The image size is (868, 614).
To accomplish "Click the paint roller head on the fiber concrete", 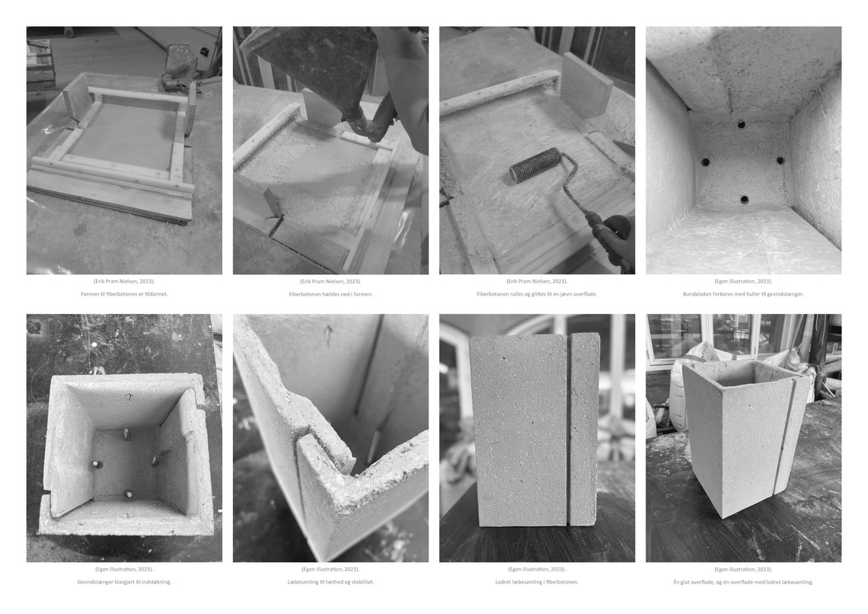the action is (x=535, y=165).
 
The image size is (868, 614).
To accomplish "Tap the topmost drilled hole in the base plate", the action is (x=742, y=125).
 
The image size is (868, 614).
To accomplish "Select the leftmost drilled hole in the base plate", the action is (x=705, y=162).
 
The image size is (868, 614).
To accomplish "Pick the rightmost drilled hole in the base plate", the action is (x=780, y=161).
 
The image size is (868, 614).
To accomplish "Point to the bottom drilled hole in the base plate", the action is (x=745, y=200).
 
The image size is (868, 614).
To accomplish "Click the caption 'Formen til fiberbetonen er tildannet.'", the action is (x=124, y=294).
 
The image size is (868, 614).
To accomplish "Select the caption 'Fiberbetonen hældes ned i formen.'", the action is (x=330, y=294).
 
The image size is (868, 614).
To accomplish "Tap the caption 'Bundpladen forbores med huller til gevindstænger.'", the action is (x=743, y=294).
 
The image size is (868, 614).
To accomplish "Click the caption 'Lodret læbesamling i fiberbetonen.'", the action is (x=537, y=582).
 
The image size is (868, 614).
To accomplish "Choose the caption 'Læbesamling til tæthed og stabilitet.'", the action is (x=330, y=582).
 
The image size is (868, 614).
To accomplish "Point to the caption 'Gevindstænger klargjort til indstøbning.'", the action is (x=124, y=582).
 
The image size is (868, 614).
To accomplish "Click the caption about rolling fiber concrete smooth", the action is (x=537, y=294).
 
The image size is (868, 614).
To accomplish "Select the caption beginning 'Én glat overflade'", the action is (x=743, y=582).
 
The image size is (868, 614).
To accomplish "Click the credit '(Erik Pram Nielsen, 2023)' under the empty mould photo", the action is (x=124, y=281).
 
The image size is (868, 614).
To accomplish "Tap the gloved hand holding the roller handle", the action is (x=615, y=238).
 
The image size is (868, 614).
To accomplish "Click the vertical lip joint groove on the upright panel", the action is (x=569, y=429).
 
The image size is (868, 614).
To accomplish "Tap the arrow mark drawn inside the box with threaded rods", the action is (x=129, y=397).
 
